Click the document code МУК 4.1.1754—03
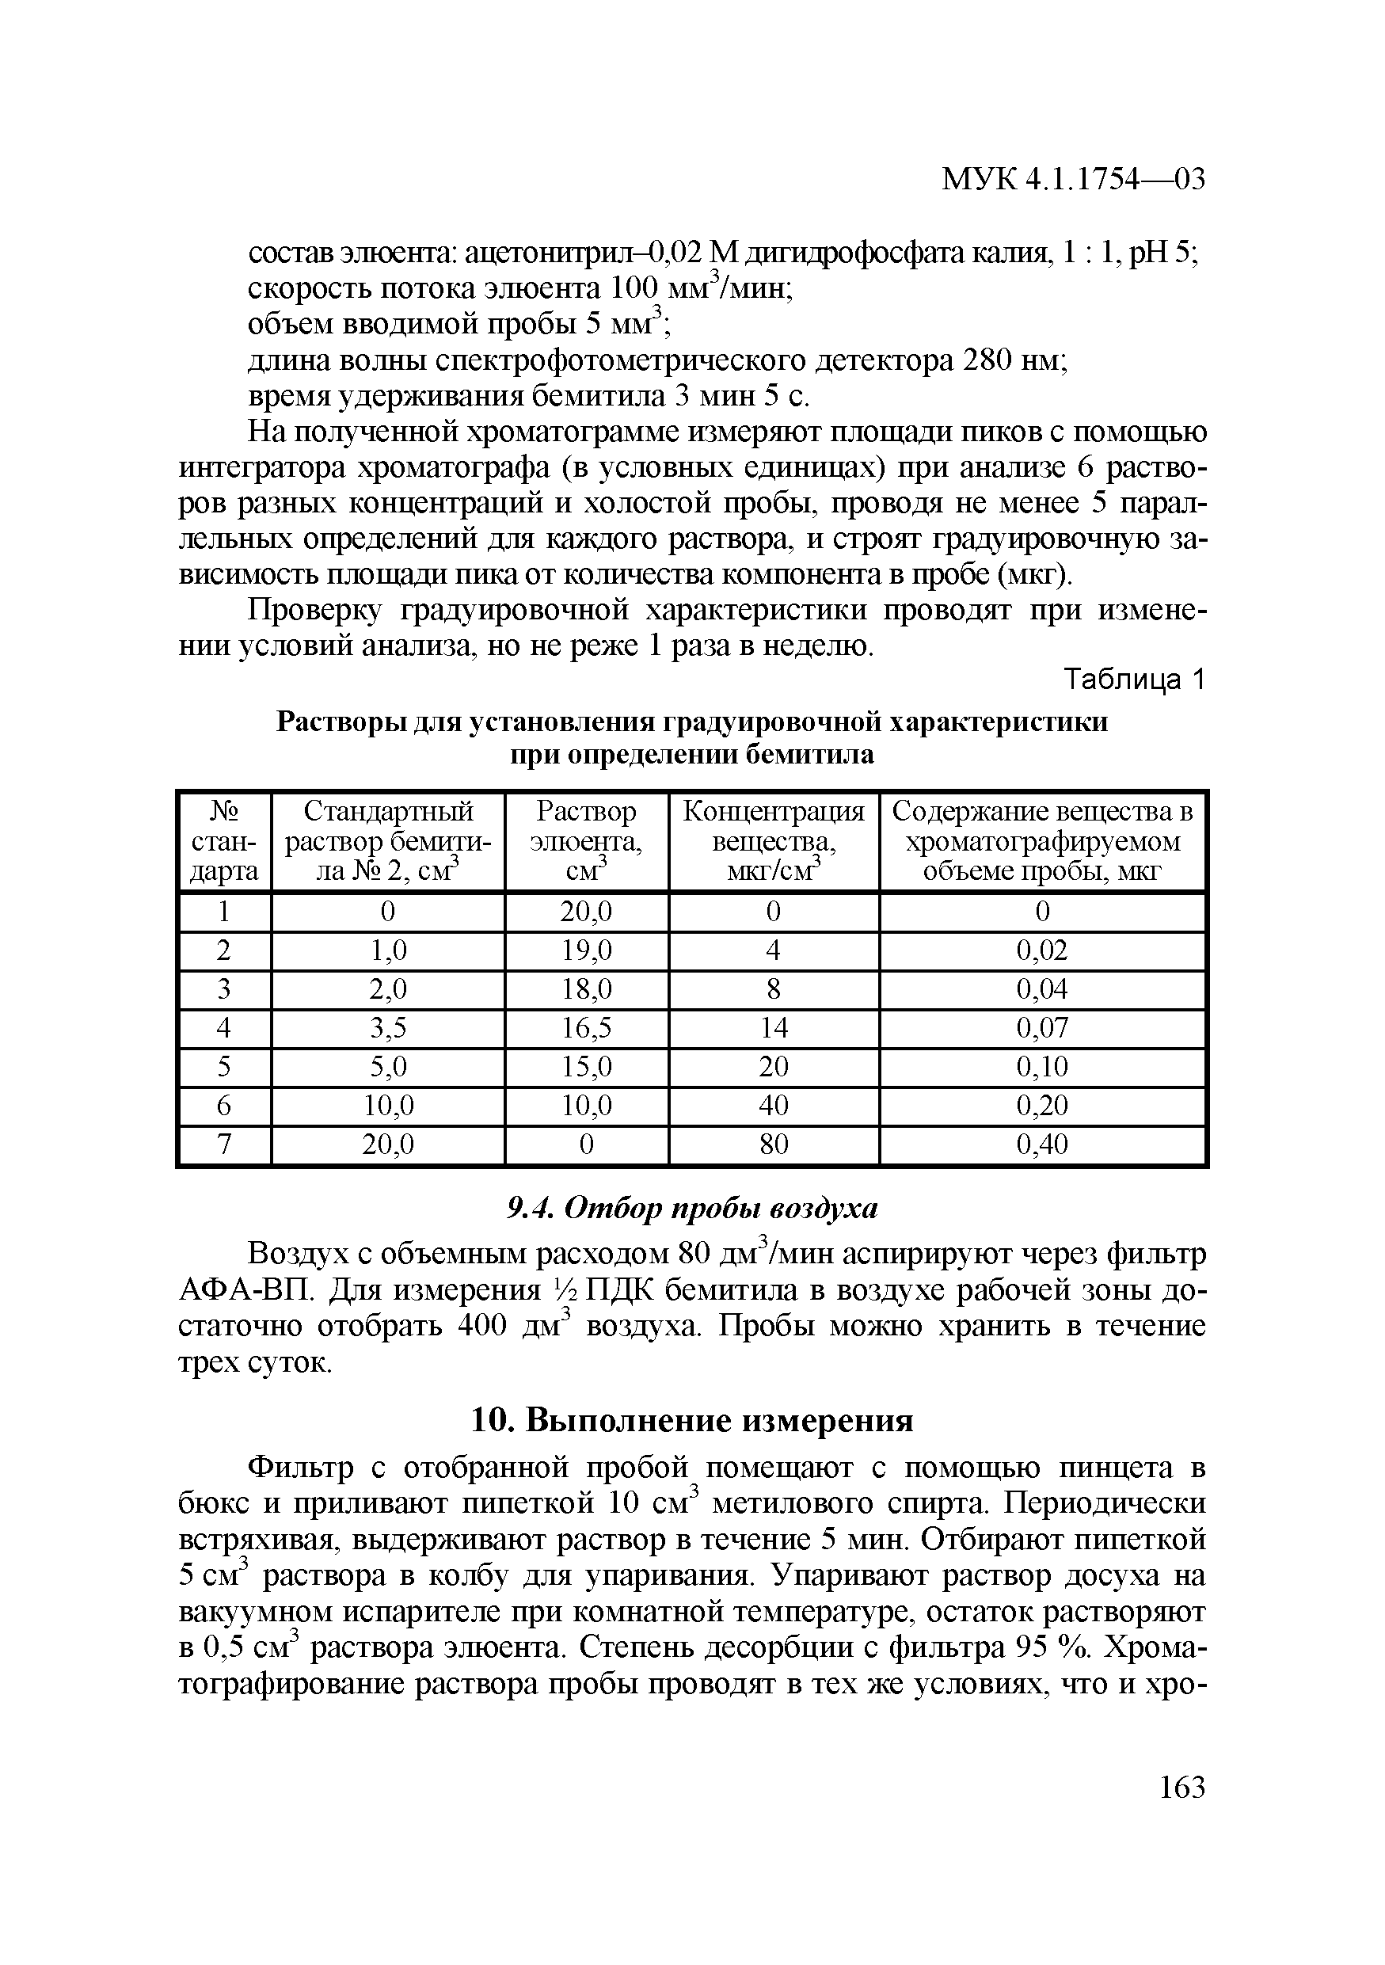(x=1073, y=180)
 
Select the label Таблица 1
(x=1133, y=680)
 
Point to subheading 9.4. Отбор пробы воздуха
(x=692, y=1208)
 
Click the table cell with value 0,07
(x=1042, y=1028)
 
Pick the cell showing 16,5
(x=586, y=1028)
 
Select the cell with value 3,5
(x=387, y=1028)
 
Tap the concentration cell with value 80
(x=774, y=1144)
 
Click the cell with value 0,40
(x=1042, y=1144)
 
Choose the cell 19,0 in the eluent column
(x=586, y=950)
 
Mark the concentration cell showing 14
(x=774, y=1028)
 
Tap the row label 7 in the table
(x=223, y=1144)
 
